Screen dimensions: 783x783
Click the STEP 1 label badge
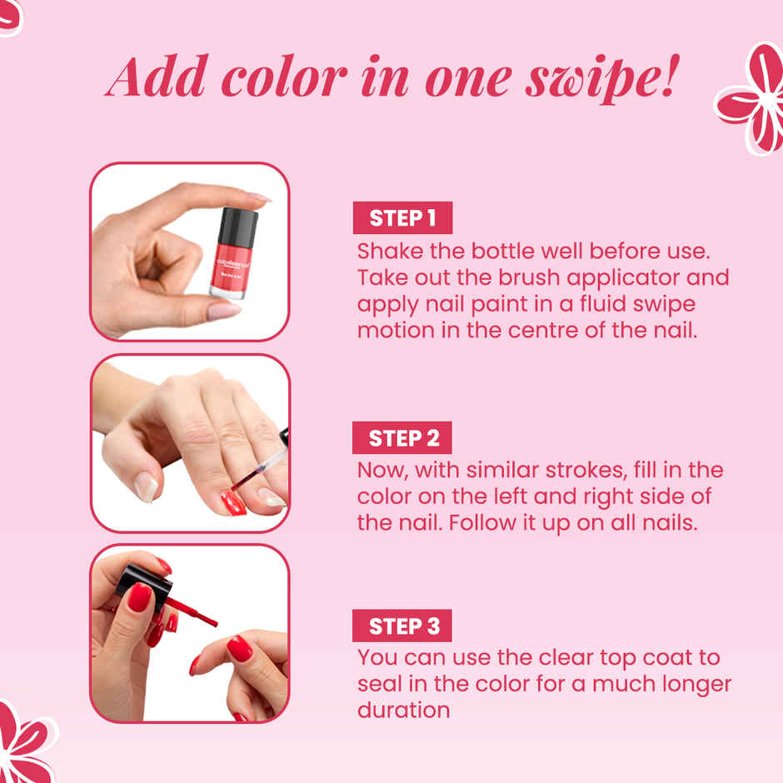(x=403, y=218)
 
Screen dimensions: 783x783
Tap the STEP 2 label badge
(x=403, y=438)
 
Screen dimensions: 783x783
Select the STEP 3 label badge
(x=403, y=626)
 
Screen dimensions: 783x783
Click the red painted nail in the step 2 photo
(x=233, y=503)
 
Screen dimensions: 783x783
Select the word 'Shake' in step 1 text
(x=390, y=251)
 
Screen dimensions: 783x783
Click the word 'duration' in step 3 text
(x=404, y=711)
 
